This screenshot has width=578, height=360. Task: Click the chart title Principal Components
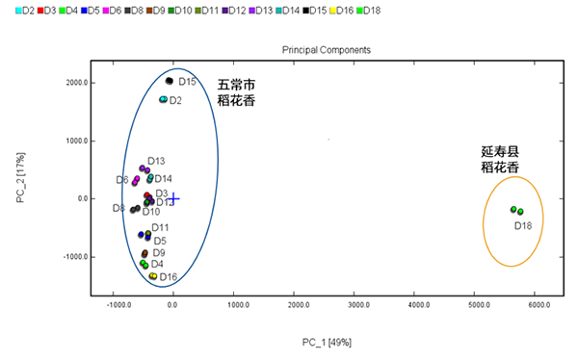[327, 49]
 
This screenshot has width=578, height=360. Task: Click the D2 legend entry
[26, 10]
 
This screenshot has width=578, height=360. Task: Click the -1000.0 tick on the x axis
[119, 305]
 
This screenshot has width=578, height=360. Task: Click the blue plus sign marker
[173, 198]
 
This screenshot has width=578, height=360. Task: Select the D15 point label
[187, 82]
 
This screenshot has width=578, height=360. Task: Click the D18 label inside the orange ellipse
[523, 225]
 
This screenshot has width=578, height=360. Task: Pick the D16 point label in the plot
[169, 277]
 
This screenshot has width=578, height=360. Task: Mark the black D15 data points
[170, 81]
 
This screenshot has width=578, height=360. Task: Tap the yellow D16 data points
[153, 276]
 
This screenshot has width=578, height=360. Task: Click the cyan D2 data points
[164, 99]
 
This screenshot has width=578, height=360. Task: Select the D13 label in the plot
[156, 161]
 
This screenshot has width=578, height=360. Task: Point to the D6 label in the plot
[122, 180]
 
